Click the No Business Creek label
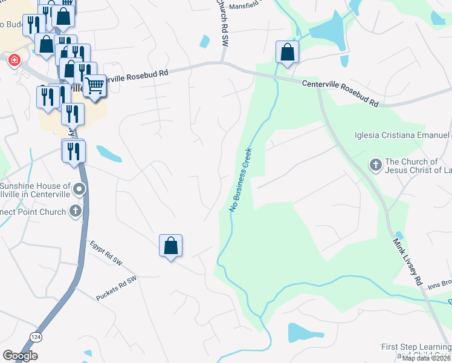click(240, 180)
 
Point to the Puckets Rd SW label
click(117, 288)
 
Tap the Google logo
click(20, 356)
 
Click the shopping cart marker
click(95, 86)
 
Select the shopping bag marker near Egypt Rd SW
click(170, 246)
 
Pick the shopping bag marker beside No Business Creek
click(288, 52)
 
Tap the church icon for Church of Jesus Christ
click(375, 164)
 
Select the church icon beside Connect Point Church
click(76, 211)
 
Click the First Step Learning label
click(416, 347)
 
